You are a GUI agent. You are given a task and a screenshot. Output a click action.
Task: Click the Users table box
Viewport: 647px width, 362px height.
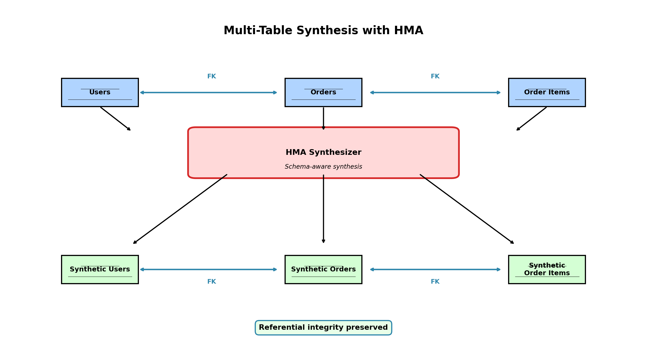[100, 92]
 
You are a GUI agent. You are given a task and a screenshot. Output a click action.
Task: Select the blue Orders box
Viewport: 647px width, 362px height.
[323, 92]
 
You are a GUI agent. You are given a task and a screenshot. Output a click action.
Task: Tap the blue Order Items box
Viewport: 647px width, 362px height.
[547, 92]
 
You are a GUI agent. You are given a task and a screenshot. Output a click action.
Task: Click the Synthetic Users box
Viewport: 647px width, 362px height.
[100, 269]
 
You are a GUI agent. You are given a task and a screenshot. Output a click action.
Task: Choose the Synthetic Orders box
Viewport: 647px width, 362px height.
[323, 269]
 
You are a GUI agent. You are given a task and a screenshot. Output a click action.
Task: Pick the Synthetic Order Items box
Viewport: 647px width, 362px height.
[547, 269]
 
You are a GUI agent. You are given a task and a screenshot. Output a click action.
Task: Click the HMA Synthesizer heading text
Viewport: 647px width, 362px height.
[323, 152]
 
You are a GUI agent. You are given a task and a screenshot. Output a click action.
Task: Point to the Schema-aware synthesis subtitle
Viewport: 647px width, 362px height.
[323, 167]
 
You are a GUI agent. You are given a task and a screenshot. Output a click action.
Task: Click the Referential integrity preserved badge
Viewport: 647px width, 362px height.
[323, 328]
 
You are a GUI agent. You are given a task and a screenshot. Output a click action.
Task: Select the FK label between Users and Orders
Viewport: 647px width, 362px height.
[212, 76]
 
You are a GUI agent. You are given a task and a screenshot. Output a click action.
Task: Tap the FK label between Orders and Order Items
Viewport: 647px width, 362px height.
[435, 76]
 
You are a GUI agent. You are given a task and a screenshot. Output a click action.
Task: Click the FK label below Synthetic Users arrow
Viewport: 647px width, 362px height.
[212, 282]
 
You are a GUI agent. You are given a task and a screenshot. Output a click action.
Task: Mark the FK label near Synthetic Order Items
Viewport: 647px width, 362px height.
[435, 282]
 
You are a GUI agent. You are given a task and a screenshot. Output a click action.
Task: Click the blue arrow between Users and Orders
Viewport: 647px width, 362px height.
[208, 92]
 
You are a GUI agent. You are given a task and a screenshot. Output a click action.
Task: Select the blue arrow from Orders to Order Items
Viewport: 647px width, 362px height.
[435, 92]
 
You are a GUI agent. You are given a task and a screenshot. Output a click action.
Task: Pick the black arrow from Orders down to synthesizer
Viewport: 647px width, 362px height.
[323, 118]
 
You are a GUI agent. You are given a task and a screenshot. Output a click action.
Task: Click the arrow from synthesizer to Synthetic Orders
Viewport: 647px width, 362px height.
[323, 209]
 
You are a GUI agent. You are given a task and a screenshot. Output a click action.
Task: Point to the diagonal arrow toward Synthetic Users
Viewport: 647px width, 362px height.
[180, 209]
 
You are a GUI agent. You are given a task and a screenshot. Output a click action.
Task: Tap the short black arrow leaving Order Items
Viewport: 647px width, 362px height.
[532, 119]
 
